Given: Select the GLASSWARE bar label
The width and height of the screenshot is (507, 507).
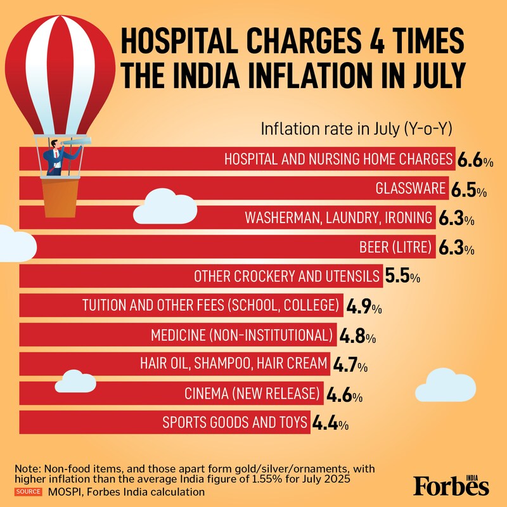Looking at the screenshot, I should [411, 189].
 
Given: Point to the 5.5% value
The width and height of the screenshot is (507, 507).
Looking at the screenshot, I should [402, 277].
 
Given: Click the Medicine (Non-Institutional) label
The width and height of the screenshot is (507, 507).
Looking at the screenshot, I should [242, 335].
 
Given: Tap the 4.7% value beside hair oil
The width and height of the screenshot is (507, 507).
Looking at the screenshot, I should [349, 365].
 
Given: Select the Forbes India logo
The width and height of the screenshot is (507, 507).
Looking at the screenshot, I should [451, 485].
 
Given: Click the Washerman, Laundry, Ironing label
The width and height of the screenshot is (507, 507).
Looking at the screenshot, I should [339, 218].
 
